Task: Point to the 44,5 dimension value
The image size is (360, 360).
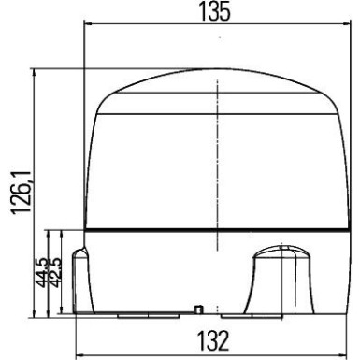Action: [x=40, y=274]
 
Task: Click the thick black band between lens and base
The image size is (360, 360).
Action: [x=216, y=229]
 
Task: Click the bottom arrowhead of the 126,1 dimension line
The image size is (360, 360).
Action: [x=35, y=311]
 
